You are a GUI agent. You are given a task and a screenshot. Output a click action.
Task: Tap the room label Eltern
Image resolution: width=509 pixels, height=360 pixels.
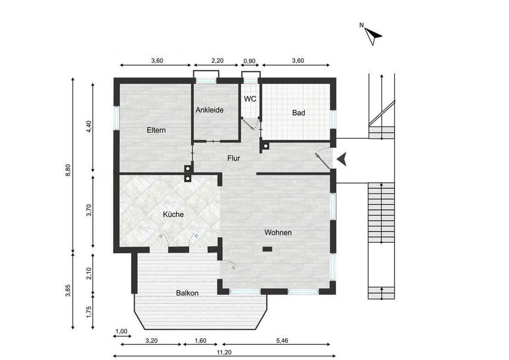click(x=156, y=130)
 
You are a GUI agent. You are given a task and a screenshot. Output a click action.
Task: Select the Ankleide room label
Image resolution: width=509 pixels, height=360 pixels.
click(x=209, y=110)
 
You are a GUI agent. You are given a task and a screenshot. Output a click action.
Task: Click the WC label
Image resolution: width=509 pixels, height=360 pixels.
click(x=250, y=99)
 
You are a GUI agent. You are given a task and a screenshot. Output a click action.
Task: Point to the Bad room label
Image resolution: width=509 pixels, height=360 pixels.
click(x=299, y=113)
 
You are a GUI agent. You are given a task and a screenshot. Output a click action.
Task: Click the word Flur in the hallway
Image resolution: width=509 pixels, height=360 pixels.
click(x=234, y=158)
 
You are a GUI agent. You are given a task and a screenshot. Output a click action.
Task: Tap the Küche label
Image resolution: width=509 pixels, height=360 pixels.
click(x=173, y=214)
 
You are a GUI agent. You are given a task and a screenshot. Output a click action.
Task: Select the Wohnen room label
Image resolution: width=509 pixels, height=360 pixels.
click(x=278, y=232)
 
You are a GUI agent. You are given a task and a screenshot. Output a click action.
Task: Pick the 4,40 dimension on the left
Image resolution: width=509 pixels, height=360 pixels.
click(x=89, y=127)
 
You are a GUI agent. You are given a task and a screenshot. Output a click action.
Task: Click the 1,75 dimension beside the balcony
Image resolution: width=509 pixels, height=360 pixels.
click(x=89, y=312)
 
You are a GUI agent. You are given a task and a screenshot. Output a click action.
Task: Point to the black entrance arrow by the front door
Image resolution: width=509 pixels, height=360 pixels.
click(x=343, y=159)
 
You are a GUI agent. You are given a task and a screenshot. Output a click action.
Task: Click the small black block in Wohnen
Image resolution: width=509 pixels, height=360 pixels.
click(x=268, y=248)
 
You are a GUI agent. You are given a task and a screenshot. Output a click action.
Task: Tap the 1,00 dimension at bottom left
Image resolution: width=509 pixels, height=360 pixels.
click(x=121, y=331)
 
